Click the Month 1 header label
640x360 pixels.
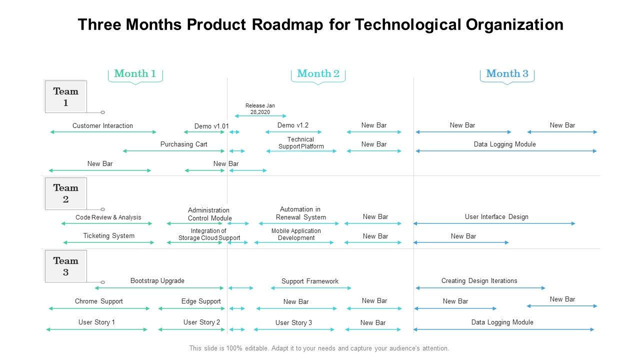[x=135, y=73]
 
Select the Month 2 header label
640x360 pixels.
[x=318, y=73]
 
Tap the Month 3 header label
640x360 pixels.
[x=507, y=73]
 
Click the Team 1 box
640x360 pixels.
[x=65, y=96]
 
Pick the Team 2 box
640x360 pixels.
[x=65, y=193]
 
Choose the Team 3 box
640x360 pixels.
[x=65, y=266]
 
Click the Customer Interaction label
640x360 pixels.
[x=102, y=125]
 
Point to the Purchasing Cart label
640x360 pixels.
[x=183, y=144]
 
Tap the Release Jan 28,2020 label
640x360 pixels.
[x=260, y=108]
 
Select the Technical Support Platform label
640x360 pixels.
[x=301, y=143]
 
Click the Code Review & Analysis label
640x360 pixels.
[x=108, y=217]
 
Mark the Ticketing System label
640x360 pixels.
[x=108, y=235]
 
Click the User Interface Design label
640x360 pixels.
[x=496, y=216]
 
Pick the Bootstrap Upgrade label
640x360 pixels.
[x=157, y=280]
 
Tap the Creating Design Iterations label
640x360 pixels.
[x=479, y=280]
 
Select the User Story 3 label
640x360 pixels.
[x=293, y=322]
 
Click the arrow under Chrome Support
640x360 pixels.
[x=99, y=308]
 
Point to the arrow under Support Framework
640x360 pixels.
[x=310, y=288]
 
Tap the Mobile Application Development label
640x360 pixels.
[x=296, y=234]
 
